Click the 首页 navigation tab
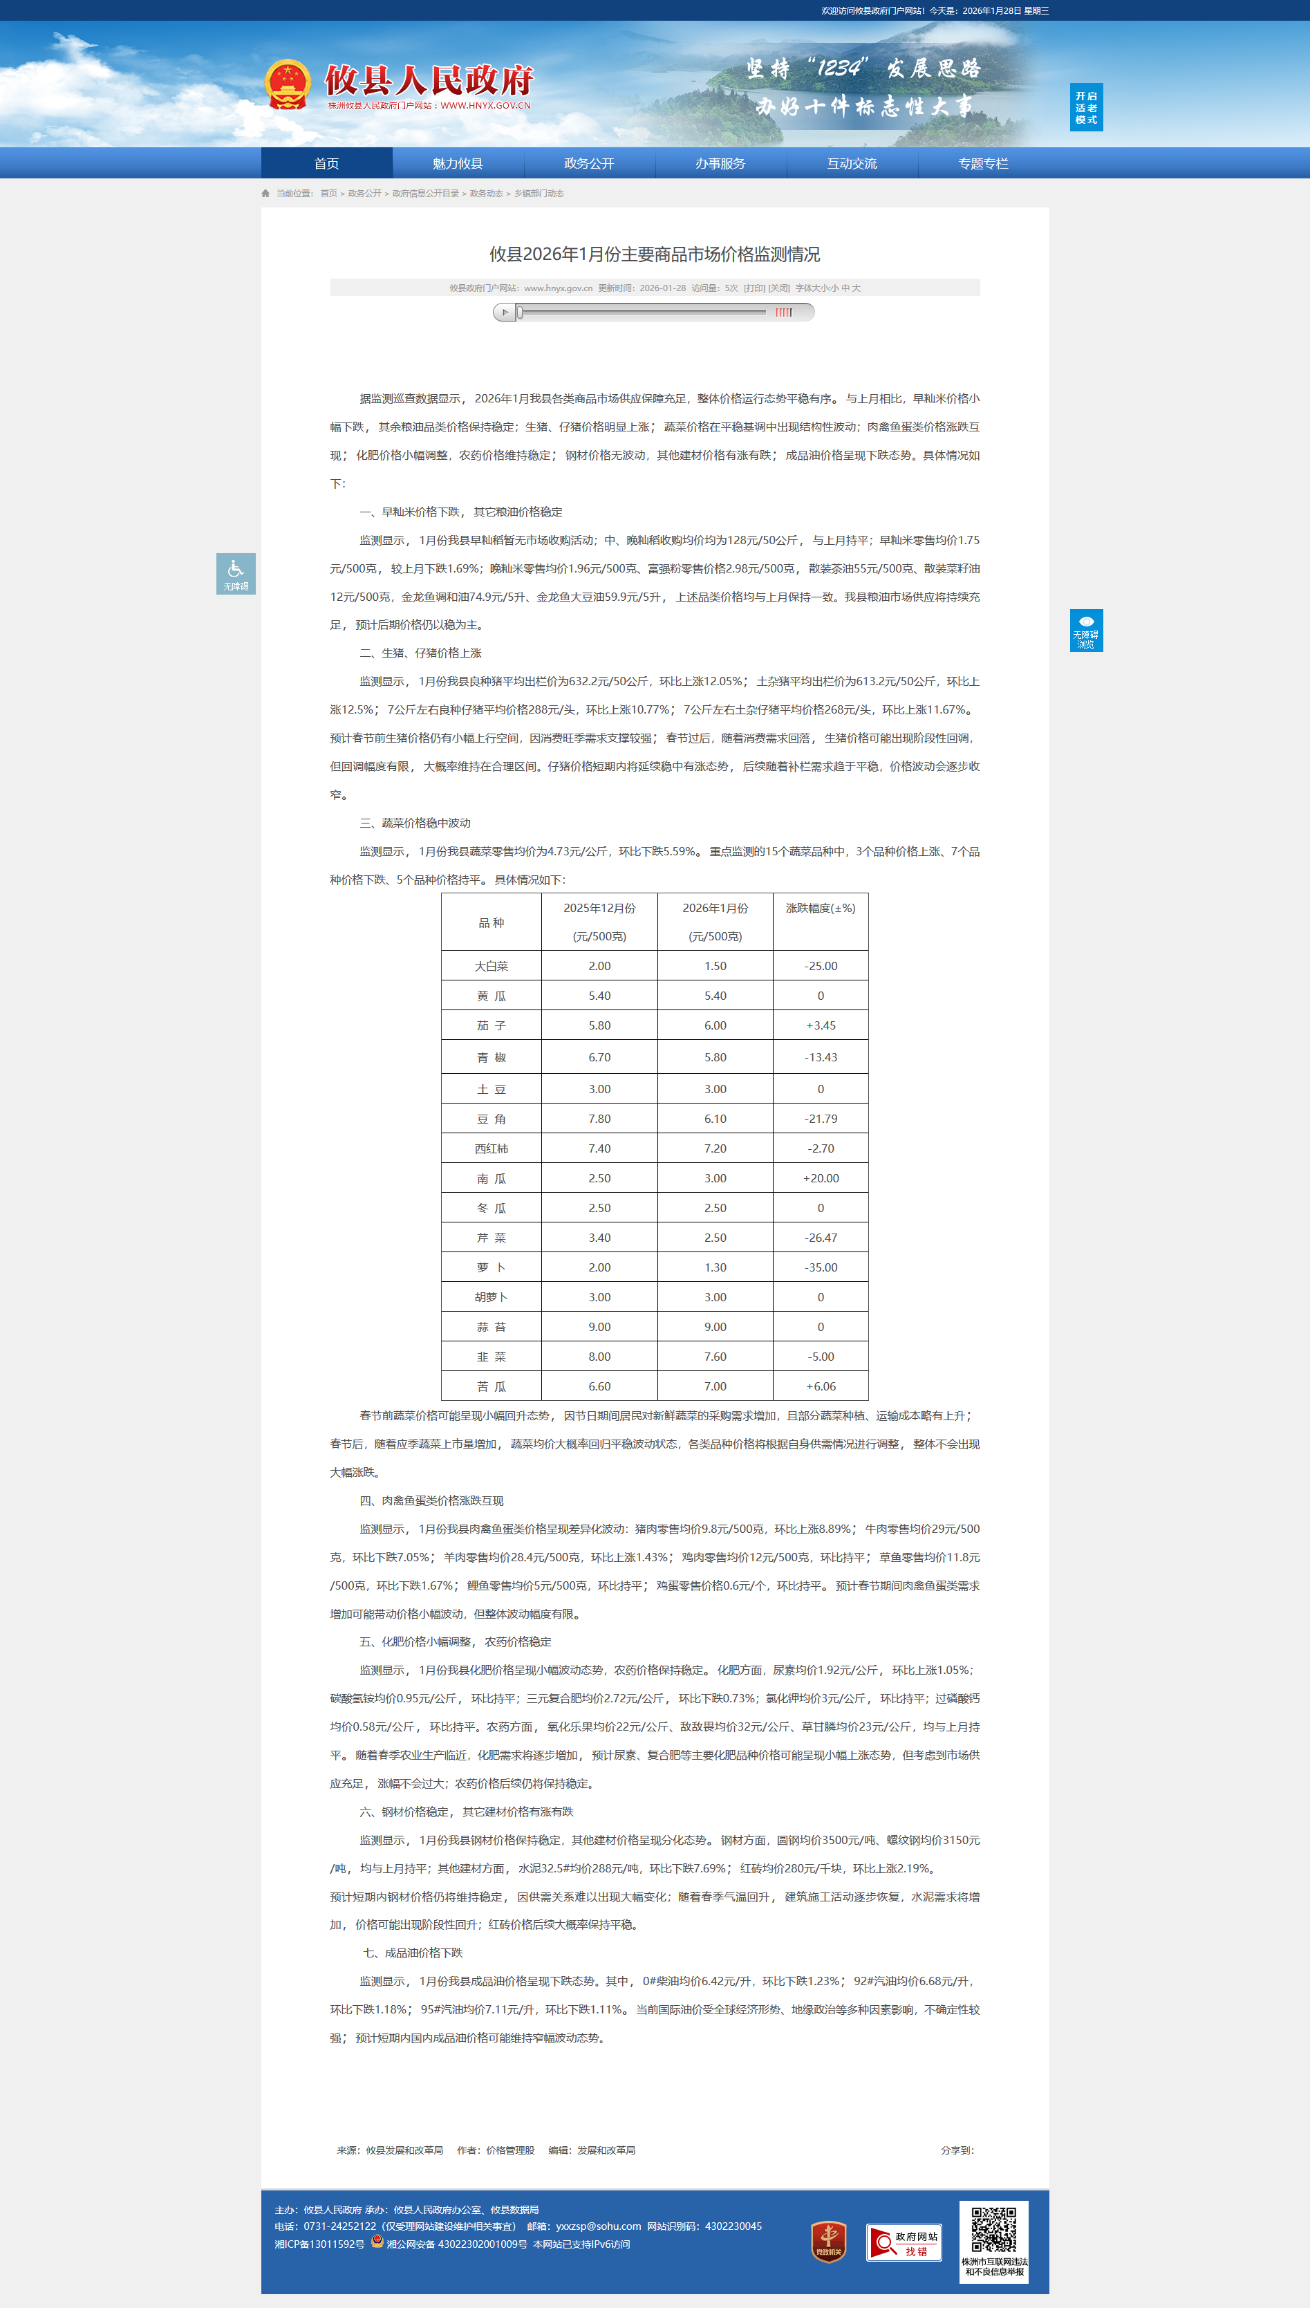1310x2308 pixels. pos(326,164)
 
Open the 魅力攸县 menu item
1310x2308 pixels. pos(457,164)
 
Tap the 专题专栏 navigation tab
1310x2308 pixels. pos(982,164)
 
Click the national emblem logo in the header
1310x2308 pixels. pos(288,84)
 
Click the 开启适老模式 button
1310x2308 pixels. pos(1086,108)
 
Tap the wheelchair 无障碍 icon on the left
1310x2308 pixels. pos(236,573)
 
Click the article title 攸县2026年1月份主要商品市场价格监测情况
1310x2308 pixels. pos(654,254)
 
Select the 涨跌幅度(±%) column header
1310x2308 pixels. pos(820,909)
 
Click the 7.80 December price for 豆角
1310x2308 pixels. pos(599,1119)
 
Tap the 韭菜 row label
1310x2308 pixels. pos(492,1357)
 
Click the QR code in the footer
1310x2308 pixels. pos(993,2228)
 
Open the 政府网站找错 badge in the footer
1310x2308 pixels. pos(904,2242)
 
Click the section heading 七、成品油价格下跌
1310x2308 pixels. pos(412,1953)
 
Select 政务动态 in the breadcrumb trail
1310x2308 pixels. pos(486,194)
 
